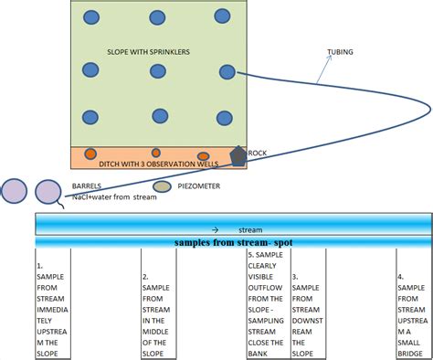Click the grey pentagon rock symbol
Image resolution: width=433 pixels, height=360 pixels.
[x=238, y=154]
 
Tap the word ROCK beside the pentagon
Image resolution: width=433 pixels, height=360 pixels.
[x=259, y=154]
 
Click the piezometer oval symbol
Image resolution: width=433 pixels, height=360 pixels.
[x=162, y=186]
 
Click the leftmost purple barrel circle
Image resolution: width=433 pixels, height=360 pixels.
[x=14, y=191]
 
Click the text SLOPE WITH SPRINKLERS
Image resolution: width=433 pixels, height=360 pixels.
[x=149, y=52]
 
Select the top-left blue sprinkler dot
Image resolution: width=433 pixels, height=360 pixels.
[x=90, y=16]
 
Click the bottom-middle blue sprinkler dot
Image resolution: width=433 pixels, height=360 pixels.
[x=160, y=115]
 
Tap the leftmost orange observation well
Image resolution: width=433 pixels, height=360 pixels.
[x=90, y=153]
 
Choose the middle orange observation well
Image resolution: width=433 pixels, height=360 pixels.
[x=156, y=153]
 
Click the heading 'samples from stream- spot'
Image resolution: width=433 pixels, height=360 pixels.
[x=233, y=242]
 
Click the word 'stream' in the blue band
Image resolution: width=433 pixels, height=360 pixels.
[x=249, y=229]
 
